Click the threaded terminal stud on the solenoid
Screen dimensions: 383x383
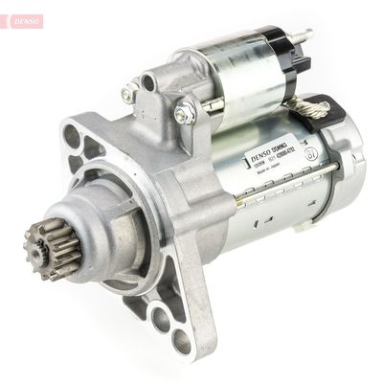pyautogui.click(x=305, y=35)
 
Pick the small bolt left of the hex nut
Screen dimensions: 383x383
pyautogui.click(x=130, y=94)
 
